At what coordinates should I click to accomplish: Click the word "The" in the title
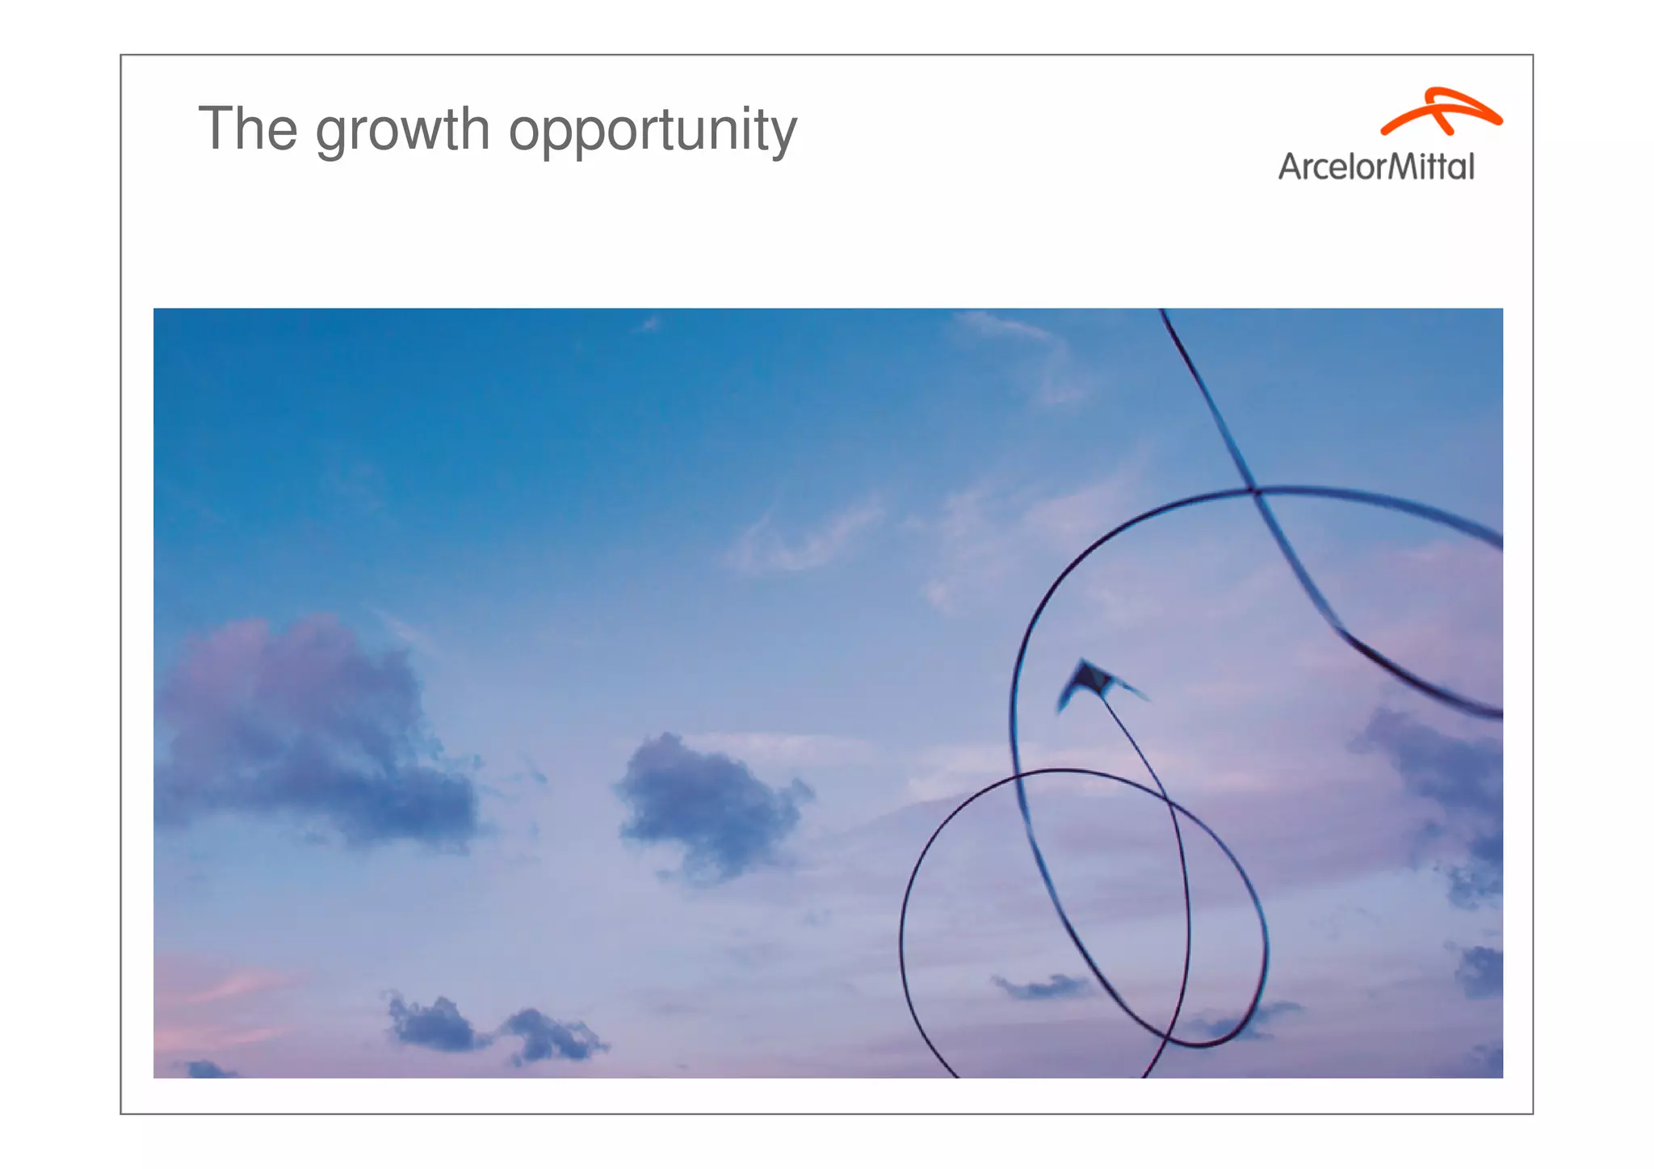pos(248,128)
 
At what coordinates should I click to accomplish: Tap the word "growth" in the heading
pos(402,131)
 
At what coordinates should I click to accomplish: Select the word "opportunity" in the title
pos(653,131)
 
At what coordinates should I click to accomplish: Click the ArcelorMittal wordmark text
pos(1376,166)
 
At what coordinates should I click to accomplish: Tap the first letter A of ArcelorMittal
pos(1290,166)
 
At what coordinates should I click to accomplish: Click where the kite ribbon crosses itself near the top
pos(1253,490)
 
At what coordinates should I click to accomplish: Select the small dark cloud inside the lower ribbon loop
pos(1042,986)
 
